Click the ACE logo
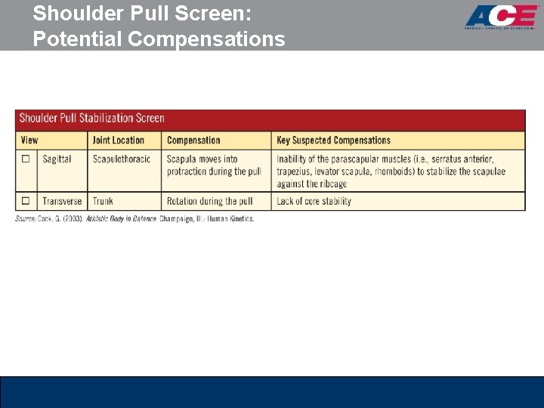pyautogui.click(x=501, y=17)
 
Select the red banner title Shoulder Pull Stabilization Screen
pyautogui.click(x=91, y=118)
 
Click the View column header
pyautogui.click(x=29, y=140)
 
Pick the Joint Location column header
pyautogui.click(x=118, y=140)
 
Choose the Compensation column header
pyautogui.click(x=193, y=140)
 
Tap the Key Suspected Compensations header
pyautogui.click(x=333, y=140)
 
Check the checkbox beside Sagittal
pyautogui.click(x=26, y=159)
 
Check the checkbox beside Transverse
pyautogui.click(x=26, y=202)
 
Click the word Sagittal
pyautogui.click(x=57, y=159)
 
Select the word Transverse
pyautogui.click(x=62, y=202)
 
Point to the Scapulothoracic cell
pyautogui.click(x=121, y=159)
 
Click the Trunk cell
pyautogui.click(x=103, y=202)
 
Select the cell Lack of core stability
pyautogui.click(x=314, y=202)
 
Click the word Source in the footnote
pyautogui.click(x=26, y=219)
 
